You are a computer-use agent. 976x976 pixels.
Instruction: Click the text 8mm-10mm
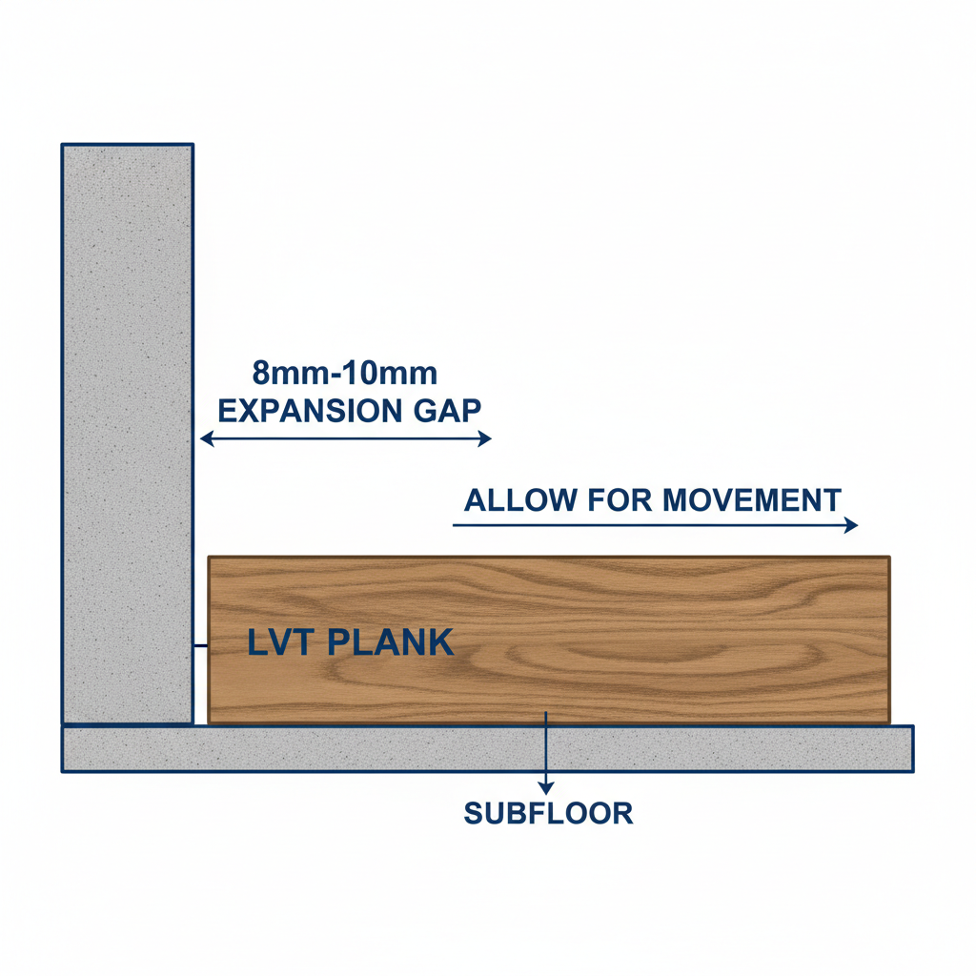[345, 374]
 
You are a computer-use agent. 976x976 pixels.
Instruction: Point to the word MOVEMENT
[751, 500]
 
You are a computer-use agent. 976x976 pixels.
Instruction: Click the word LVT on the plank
[279, 642]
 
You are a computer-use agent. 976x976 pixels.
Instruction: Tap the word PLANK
[390, 642]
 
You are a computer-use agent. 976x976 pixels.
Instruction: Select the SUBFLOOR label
[548, 814]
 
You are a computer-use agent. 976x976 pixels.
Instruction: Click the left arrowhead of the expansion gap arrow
[207, 438]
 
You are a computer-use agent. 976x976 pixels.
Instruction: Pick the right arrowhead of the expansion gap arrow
[485, 438]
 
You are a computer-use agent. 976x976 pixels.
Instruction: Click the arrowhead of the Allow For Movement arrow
[851, 525]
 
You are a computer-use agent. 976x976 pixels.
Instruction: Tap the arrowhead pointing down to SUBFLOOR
[546, 788]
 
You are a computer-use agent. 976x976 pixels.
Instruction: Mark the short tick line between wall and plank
[200, 646]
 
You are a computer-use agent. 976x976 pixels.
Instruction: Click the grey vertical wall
[128, 435]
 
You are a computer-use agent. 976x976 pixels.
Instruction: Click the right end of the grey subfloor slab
[913, 749]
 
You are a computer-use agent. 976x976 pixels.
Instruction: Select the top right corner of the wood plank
[889, 557]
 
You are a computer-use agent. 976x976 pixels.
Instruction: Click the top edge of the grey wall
[128, 145]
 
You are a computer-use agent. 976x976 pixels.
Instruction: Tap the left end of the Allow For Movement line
[453, 525]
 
